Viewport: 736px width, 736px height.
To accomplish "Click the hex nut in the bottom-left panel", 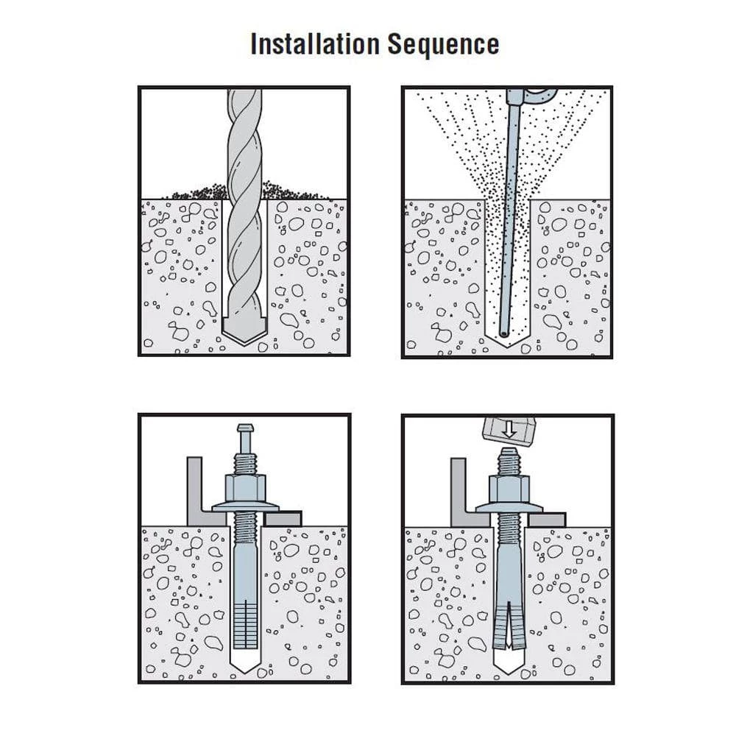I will click(x=245, y=488).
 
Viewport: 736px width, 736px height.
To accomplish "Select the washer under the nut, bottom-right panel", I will click(x=507, y=508).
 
